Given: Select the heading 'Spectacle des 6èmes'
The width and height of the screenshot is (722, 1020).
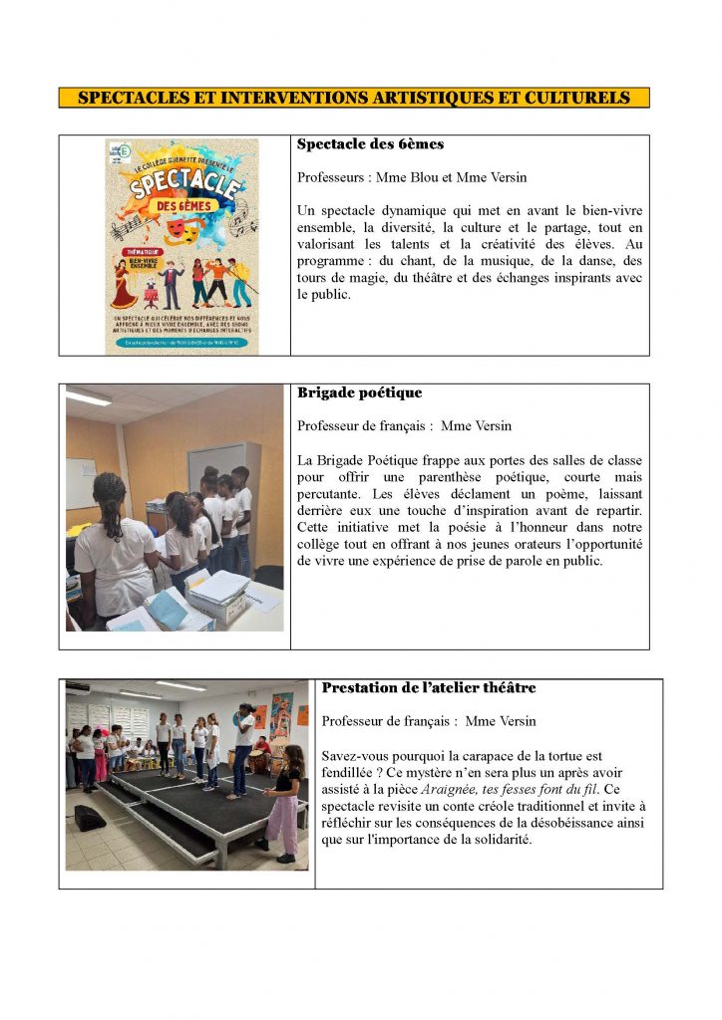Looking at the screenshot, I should (370, 144).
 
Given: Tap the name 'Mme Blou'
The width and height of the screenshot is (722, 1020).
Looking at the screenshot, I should (411, 177).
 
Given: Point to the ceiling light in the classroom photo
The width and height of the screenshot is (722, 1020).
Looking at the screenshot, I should (89, 397).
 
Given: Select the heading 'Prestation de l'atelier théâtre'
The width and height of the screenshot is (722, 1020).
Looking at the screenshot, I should (428, 687).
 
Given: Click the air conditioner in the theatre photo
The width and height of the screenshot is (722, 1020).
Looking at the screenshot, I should (78, 687).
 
